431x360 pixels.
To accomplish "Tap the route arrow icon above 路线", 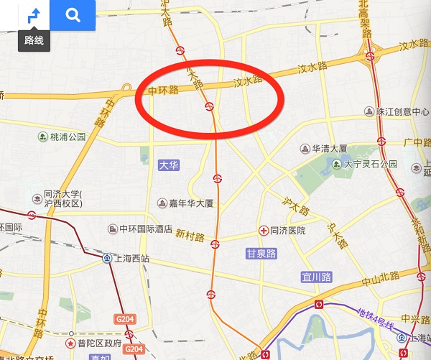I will coord(34,15).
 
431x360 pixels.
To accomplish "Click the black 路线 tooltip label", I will coord(34,40).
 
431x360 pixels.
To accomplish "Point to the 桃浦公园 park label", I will coord(68,137).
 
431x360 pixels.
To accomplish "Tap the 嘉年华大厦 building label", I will coord(191,203).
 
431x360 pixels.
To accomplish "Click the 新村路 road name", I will coord(190,236).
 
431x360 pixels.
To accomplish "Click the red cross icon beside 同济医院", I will coord(264,231).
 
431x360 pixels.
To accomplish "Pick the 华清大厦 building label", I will coord(329,149).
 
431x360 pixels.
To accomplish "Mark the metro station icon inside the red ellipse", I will coord(210,107).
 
